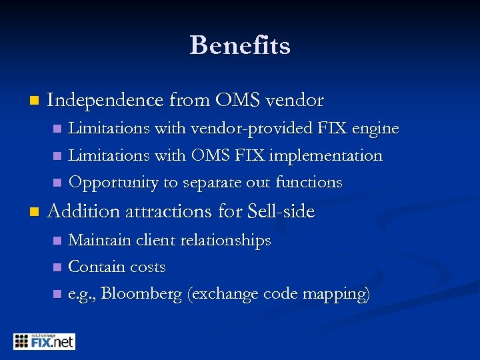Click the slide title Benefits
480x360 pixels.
[240, 45]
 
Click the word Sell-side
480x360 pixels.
[280, 212]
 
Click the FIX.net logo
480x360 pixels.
[44, 342]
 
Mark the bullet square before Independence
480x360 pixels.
[27, 101]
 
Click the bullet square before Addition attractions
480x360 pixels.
[27, 213]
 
